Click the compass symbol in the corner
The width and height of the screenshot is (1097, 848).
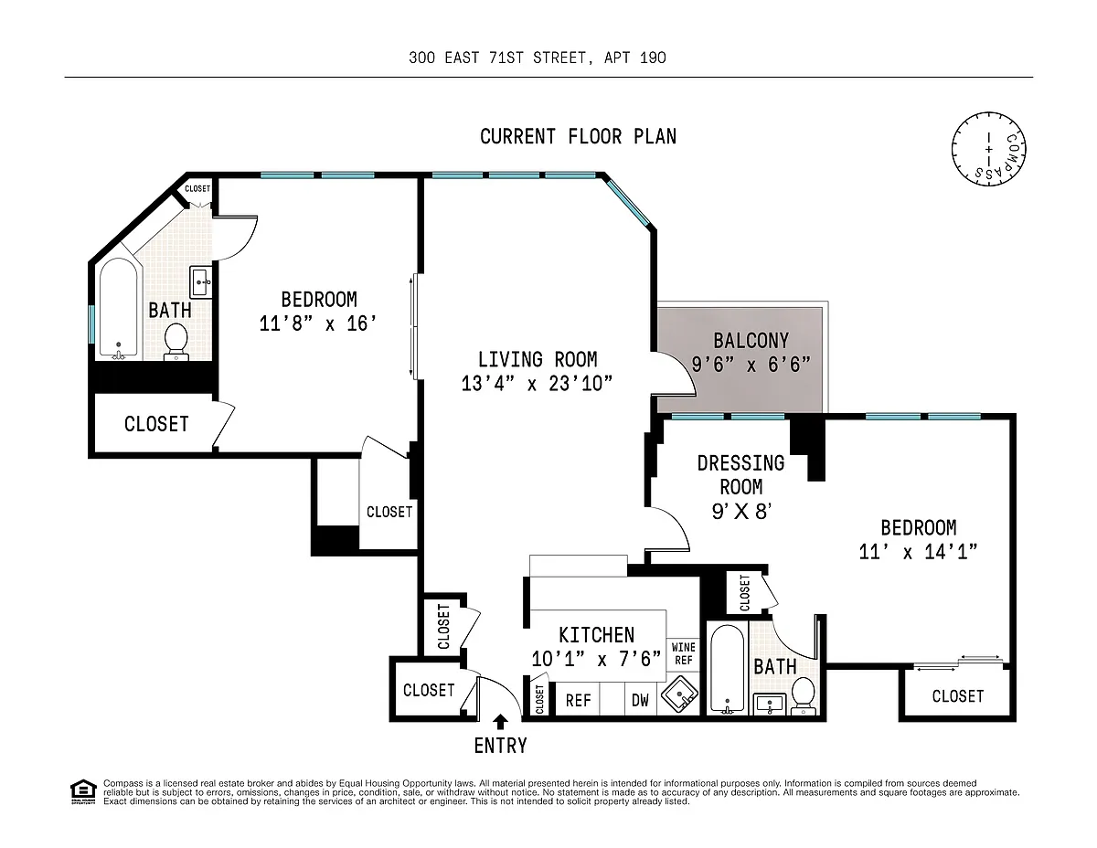[x=988, y=149]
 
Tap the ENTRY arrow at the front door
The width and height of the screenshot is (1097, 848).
[x=500, y=722]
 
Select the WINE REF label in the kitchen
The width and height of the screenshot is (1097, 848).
[x=684, y=653]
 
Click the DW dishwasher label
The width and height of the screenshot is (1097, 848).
[x=640, y=700]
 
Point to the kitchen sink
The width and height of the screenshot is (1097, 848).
[x=680, y=695]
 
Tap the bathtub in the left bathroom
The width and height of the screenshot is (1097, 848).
[x=119, y=308]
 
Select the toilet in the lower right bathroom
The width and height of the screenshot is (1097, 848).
[x=804, y=695]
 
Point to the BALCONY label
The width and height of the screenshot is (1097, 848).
[x=751, y=341]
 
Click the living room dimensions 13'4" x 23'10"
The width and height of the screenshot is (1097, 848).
[x=537, y=384]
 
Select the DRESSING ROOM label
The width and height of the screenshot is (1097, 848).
[x=740, y=474]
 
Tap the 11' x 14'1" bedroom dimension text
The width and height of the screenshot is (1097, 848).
[x=919, y=551]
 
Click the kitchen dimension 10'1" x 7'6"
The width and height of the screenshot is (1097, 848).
[x=596, y=658]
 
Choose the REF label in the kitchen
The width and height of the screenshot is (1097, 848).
[x=578, y=700]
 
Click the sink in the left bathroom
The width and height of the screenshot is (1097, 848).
[x=201, y=282]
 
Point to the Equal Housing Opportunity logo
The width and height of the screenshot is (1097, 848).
[x=83, y=792]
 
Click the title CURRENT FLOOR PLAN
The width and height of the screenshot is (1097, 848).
[x=578, y=136]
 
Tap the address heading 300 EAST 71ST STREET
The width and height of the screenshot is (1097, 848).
[x=498, y=58]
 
